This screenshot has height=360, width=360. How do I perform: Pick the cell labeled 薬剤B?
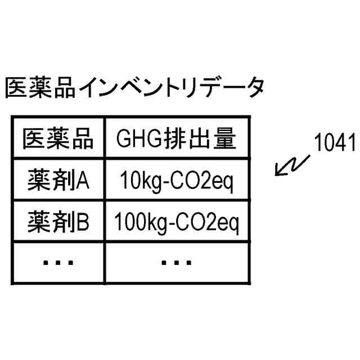[x=58, y=223]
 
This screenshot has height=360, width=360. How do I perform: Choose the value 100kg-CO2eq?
[x=177, y=223]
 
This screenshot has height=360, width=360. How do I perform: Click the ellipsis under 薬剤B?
[x=58, y=262]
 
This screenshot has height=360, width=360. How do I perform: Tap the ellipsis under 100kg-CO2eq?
[x=177, y=262]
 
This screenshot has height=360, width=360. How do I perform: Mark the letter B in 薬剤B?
[x=82, y=223]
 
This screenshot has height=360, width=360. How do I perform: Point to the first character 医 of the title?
[x=16, y=89]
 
